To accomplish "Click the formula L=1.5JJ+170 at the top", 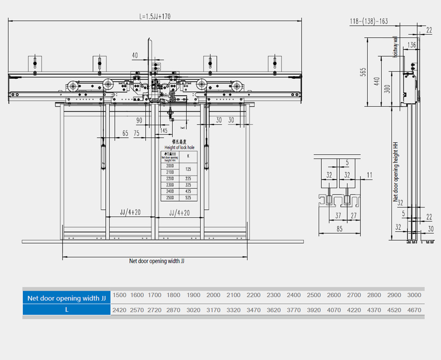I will (x=155, y=17).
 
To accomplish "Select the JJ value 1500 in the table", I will (x=119, y=295).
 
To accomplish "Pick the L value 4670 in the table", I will (x=414, y=310).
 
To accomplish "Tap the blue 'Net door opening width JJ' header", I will (x=67, y=298).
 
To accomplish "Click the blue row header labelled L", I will (x=67, y=310).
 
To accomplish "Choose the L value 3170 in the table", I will (x=213, y=310).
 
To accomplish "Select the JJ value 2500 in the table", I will (x=314, y=295).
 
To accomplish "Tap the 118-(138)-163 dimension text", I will (x=369, y=21).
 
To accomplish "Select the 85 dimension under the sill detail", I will (x=339, y=229).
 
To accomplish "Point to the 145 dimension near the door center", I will (x=163, y=130).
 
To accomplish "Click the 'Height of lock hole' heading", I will (x=180, y=147).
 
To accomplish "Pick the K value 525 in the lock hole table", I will (x=188, y=198).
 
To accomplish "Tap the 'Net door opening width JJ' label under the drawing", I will (x=157, y=261).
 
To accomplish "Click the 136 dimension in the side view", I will (x=411, y=45).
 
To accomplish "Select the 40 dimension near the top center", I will (x=135, y=55).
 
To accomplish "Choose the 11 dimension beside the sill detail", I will (x=369, y=175).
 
